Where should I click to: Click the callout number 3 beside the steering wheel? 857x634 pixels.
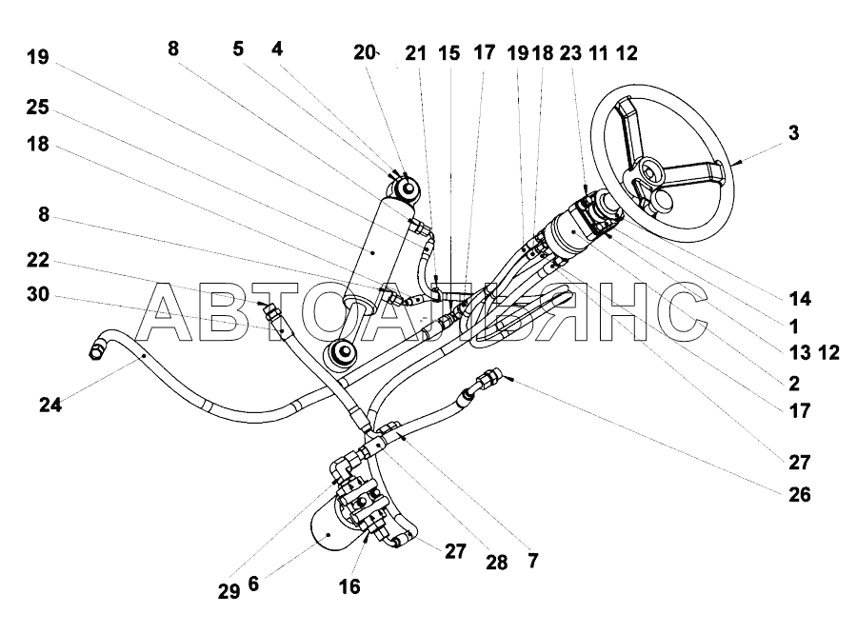tap(793, 133)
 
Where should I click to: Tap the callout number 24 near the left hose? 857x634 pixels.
tap(50, 405)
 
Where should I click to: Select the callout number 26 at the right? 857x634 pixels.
tap(799, 495)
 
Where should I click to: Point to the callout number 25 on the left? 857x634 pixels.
tap(38, 108)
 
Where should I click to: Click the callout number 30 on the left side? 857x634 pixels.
tap(38, 294)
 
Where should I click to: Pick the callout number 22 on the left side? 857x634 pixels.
tap(38, 260)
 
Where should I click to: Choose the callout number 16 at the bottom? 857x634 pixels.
tap(349, 586)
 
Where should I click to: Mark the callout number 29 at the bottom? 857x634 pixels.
tap(229, 591)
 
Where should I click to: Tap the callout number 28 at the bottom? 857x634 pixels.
tap(497, 563)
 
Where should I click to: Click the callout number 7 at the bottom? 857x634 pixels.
tap(533, 561)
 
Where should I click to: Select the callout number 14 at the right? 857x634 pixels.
tap(800, 298)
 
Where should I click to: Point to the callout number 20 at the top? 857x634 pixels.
tap(364, 52)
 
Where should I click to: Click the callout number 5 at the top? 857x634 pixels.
tap(238, 49)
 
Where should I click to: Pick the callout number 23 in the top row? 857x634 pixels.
tap(570, 53)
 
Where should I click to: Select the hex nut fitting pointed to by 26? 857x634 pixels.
tap(488, 377)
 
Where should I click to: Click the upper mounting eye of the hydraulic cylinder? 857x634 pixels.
tap(406, 188)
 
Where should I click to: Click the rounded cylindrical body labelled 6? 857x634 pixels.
tap(330, 530)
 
